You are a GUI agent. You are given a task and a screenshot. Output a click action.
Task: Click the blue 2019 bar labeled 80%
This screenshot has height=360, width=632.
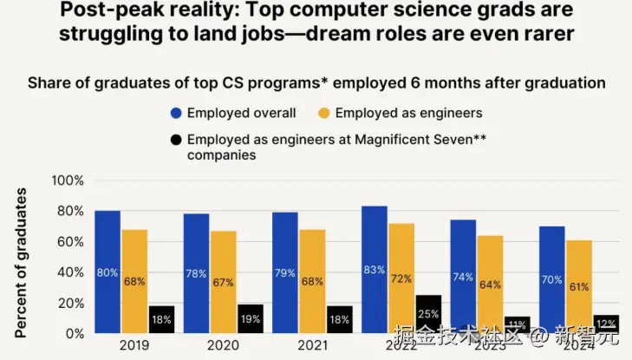point(108,272)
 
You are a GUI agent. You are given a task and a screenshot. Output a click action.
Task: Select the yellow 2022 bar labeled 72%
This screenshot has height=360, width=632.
point(401,278)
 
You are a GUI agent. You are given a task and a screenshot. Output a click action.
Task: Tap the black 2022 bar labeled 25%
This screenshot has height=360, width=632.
point(428,313)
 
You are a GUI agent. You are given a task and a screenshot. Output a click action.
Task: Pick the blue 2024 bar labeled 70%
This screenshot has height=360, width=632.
point(551,279)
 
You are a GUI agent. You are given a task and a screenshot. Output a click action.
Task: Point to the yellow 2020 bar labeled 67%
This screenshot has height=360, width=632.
point(224,282)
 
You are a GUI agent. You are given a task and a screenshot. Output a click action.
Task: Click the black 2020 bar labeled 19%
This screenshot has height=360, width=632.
point(251,318)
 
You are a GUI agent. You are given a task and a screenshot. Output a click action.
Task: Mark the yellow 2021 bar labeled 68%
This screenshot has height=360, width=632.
point(312,281)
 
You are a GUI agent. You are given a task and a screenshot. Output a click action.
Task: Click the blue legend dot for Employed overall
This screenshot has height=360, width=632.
point(176,113)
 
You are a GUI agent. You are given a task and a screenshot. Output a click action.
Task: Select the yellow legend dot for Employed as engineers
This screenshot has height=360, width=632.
point(324,113)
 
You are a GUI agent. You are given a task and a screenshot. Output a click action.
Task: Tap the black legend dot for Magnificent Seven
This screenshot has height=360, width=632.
point(176,140)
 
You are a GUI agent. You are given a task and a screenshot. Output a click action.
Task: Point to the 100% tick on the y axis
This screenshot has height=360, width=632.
point(68,180)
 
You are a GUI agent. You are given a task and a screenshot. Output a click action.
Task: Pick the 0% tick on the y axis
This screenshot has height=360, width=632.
point(74,333)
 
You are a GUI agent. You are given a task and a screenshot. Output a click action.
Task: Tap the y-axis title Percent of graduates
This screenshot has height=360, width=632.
point(21,261)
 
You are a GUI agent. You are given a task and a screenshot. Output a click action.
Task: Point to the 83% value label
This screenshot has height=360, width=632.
point(375,270)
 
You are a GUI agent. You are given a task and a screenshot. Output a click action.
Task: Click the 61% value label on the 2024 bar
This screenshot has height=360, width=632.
point(577,286)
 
